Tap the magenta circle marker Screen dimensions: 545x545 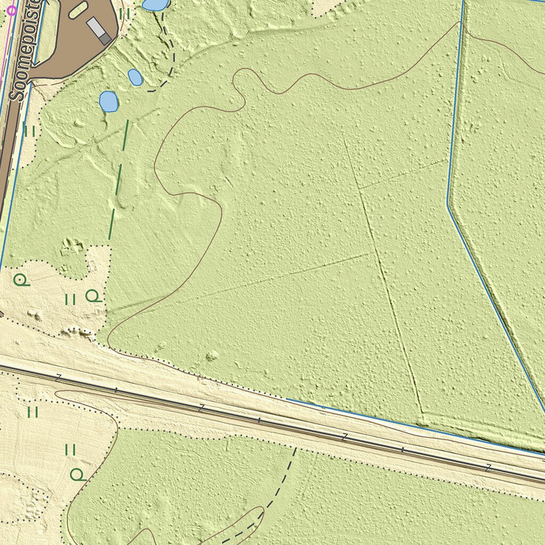pyautogui.click(x=12, y=10)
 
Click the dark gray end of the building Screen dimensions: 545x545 pyautogui.click(x=105, y=38)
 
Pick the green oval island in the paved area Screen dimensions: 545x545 pyautogui.click(x=78, y=9)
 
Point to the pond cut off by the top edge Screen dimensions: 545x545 pyautogui.click(x=155, y=4)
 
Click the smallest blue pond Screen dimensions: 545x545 pyautogui.click(x=135, y=77)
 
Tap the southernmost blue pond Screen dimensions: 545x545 pyautogui.click(x=109, y=101)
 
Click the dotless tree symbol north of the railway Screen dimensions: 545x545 pyautogui.click(x=93, y=295)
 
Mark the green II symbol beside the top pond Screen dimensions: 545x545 pyautogui.click(x=125, y=14)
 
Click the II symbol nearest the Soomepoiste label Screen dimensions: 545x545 pyautogui.click(x=29, y=130)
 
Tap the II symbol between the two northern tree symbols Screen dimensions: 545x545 pyautogui.click(x=70, y=300)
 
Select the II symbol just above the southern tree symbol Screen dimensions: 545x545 pyautogui.click(x=70, y=450)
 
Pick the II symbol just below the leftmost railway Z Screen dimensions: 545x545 pyautogui.click(x=33, y=411)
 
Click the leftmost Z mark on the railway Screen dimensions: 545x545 pyautogui.click(x=58, y=377)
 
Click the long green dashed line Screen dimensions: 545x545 pyautogui.click(x=118, y=181)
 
